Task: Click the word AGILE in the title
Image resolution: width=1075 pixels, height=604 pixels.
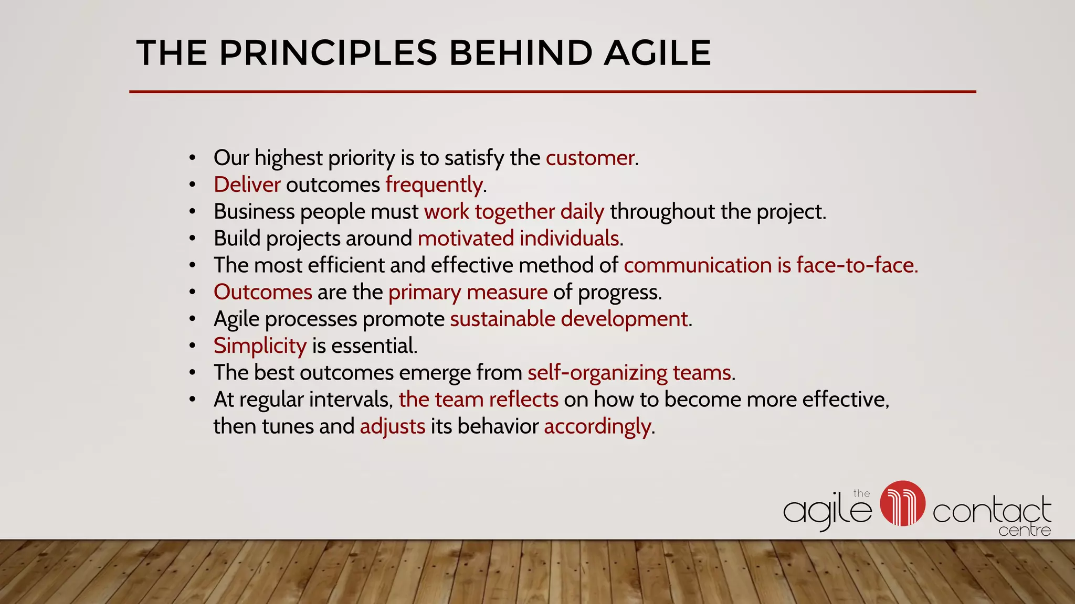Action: pyautogui.click(x=657, y=53)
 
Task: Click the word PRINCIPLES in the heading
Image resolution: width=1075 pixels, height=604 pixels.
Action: pyautogui.click(x=328, y=53)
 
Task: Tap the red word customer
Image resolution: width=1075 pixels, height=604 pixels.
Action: pyautogui.click(x=590, y=158)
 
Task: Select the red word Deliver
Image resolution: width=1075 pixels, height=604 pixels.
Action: pyautogui.click(x=247, y=185)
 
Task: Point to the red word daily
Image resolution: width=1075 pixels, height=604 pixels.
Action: pyautogui.click(x=582, y=212)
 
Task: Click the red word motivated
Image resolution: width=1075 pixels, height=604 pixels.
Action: pyautogui.click(x=466, y=239)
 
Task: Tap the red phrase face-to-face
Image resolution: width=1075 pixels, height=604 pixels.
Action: pyautogui.click(x=857, y=265)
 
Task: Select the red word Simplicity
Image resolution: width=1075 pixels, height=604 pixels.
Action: pyautogui.click(x=260, y=346)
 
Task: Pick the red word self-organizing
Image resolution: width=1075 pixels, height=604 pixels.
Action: pyautogui.click(x=597, y=373)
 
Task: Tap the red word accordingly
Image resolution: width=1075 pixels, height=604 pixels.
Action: pyautogui.click(x=597, y=427)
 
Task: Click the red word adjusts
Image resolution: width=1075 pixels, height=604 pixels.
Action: pyautogui.click(x=393, y=427)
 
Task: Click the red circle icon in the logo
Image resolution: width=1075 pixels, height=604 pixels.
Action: pyautogui.click(x=902, y=503)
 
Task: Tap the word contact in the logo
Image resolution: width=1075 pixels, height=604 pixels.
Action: pyautogui.click(x=992, y=511)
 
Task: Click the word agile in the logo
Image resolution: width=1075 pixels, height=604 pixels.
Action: pyautogui.click(x=827, y=510)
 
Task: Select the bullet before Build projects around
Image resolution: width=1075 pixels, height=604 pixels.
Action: pyautogui.click(x=193, y=239)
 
